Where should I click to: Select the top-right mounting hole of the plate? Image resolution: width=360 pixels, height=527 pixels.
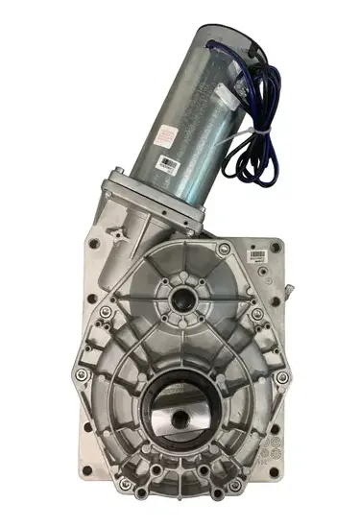pyautogui.click(x=276, y=247)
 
